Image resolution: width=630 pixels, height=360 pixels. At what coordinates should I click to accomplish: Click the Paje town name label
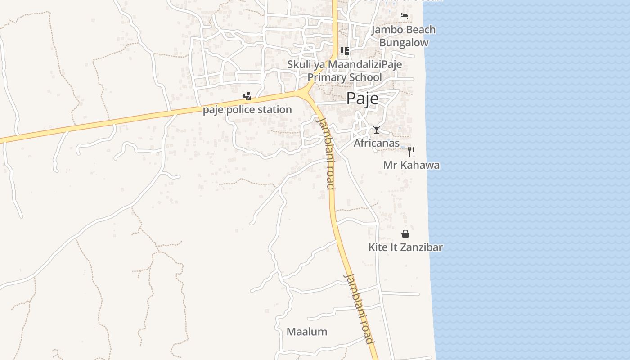tap(362, 99)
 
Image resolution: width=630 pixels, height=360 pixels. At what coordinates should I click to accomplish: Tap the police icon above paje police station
tap(247, 96)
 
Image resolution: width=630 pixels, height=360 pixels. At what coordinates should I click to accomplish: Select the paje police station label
tap(247, 109)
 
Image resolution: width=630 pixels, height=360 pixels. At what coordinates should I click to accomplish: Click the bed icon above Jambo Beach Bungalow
tap(404, 16)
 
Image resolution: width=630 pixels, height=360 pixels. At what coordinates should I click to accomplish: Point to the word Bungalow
tap(404, 43)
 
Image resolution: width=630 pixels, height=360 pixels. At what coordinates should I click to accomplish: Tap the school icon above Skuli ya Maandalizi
tap(345, 51)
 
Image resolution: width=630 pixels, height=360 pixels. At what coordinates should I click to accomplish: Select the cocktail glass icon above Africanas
tap(377, 130)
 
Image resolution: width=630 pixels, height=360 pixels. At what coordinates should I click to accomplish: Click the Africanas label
tap(377, 143)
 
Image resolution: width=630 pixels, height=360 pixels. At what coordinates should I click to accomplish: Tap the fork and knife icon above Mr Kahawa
tap(411, 151)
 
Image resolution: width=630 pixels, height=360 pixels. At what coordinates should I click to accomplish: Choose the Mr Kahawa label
tap(411, 165)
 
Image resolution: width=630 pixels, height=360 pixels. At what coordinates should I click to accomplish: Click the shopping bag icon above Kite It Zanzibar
tap(405, 234)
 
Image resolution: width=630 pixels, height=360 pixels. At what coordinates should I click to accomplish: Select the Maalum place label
tap(307, 332)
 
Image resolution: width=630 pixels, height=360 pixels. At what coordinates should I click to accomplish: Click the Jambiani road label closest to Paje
tap(326, 153)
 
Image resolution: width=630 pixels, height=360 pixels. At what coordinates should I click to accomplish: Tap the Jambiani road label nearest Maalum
tap(359, 308)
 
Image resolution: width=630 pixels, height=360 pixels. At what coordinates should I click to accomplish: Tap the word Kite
tap(378, 247)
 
